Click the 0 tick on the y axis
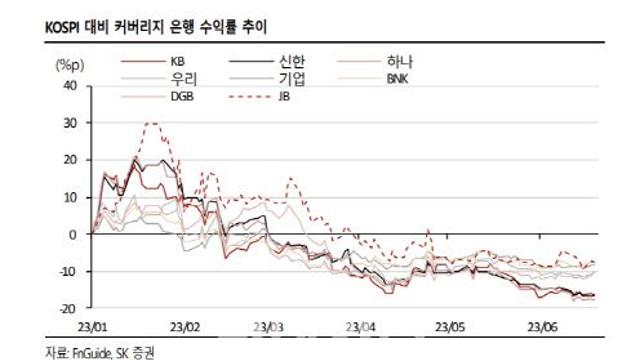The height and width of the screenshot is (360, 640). [73, 234]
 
